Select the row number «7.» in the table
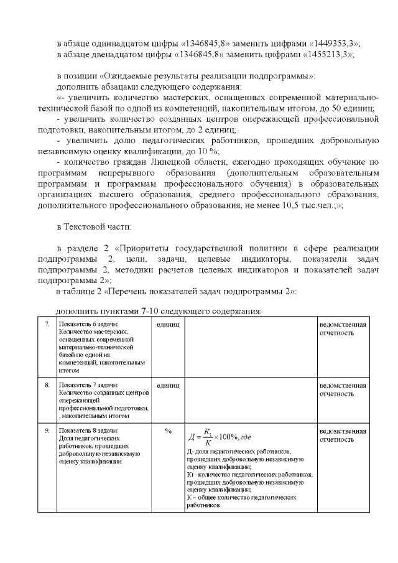pyautogui.click(x=47, y=325)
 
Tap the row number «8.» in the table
pyautogui.click(x=47, y=386)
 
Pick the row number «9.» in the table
pyautogui.click(x=47, y=430)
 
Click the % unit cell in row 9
pyautogui.click(x=168, y=430)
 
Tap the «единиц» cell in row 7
pyautogui.click(x=168, y=325)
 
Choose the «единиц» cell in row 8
pyautogui.click(x=168, y=386)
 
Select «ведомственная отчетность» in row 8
pyautogui.click(x=343, y=389)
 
